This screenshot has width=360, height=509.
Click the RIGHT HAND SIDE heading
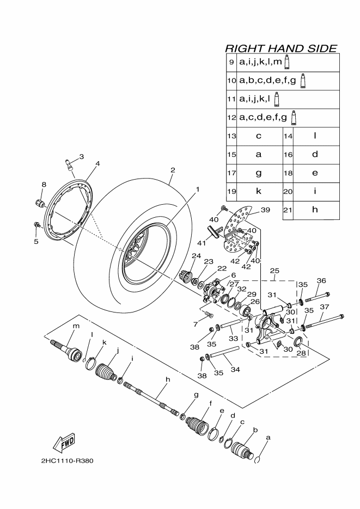point(281,48)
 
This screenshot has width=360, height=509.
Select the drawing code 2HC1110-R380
point(68,461)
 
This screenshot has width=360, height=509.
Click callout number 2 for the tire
point(173,170)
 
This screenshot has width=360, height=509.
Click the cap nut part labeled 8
point(40,204)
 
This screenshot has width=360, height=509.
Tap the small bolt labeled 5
point(36,224)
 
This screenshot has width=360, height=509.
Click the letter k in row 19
point(258,191)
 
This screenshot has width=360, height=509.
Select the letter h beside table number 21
point(315,210)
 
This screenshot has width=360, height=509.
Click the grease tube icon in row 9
point(286,62)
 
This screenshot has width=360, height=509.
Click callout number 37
point(324,306)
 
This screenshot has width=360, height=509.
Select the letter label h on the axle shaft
point(168,379)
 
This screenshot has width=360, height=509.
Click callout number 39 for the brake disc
point(265,210)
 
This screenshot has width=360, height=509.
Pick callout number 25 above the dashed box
point(274,271)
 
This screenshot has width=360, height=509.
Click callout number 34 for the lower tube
point(235,369)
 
